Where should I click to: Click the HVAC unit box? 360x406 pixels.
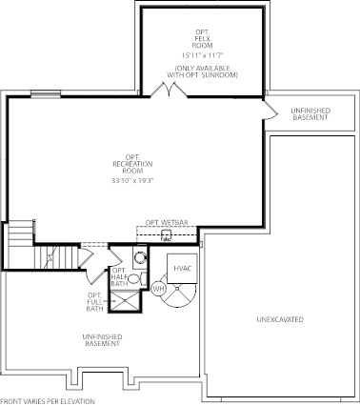pyautogui.click(x=183, y=269)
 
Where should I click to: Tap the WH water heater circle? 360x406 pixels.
pyautogui.click(x=159, y=289)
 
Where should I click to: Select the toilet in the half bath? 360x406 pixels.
pyautogui.click(x=137, y=278)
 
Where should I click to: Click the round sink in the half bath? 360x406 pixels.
pyautogui.click(x=140, y=256)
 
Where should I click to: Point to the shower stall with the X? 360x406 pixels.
pyautogui.click(x=124, y=301)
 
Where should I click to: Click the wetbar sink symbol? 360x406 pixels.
pyautogui.click(x=166, y=235)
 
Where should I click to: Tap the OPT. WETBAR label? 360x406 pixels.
pyautogui.click(x=167, y=222)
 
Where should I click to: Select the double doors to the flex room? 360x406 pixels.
pyautogui.click(x=169, y=89)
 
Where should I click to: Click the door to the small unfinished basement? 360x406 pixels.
pyautogui.click(x=270, y=111)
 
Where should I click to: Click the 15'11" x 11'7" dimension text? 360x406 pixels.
pyautogui.click(x=203, y=55)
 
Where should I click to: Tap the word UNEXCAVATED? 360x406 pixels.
pyautogui.click(x=280, y=319)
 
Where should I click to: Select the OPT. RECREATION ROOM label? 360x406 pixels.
pyautogui.click(x=132, y=164)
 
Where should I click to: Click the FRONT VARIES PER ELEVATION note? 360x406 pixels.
pyautogui.click(x=48, y=401)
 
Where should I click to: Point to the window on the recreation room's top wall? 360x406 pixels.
pyautogui.click(x=46, y=94)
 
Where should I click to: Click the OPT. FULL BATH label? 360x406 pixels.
pyautogui.click(x=95, y=301)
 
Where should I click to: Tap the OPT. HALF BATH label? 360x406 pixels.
pyautogui.click(x=120, y=276)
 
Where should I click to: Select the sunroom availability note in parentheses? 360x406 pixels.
pyautogui.click(x=203, y=71)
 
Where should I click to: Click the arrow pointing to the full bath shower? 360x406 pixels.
pyautogui.click(x=106, y=301)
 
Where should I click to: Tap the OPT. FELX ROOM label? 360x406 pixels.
pyautogui.click(x=202, y=38)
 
